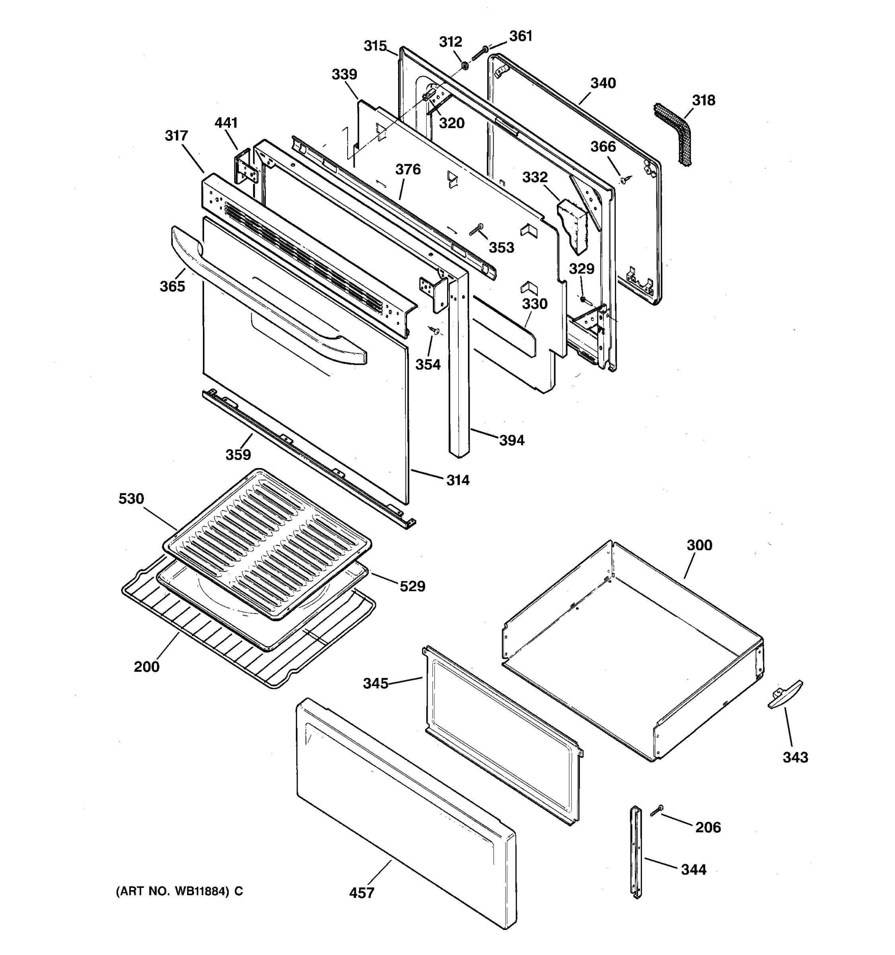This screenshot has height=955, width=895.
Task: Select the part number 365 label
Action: point(172,286)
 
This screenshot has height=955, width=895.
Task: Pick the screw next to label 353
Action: point(476,230)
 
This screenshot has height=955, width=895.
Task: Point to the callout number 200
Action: point(146,667)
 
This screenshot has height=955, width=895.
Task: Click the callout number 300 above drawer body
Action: point(699,545)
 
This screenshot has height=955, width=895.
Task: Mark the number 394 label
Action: point(512,440)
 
